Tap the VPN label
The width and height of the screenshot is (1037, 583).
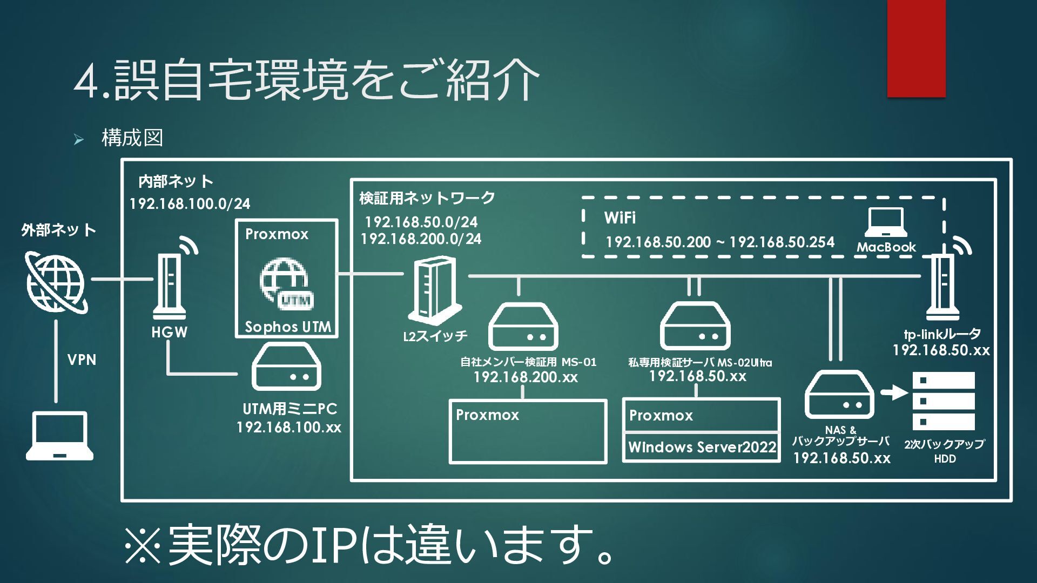tap(82, 360)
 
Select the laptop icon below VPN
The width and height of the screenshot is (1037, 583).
tap(59, 436)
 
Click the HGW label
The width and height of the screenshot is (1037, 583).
tap(169, 333)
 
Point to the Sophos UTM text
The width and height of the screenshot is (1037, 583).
tap(287, 327)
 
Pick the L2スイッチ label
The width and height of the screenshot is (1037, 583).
tap(435, 336)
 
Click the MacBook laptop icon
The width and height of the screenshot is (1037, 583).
tap(886, 222)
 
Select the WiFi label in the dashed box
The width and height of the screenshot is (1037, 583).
tap(619, 218)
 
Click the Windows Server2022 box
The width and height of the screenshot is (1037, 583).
tap(701, 448)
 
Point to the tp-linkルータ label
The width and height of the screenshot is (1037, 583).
tap(942, 334)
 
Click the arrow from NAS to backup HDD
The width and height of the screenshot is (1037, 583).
tap(894, 392)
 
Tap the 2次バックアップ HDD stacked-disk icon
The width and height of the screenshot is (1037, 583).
tap(944, 401)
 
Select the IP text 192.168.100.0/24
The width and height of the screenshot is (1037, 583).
tap(190, 204)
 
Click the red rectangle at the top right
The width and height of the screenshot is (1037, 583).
tap(916, 49)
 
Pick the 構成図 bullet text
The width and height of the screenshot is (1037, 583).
tap(132, 138)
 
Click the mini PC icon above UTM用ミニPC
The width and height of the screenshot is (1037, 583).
tap(286, 367)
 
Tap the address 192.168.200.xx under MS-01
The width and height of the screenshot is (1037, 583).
tap(526, 377)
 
